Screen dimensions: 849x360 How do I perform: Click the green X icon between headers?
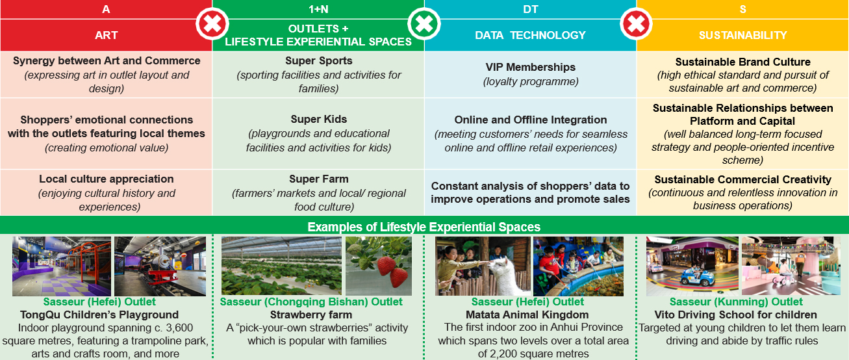pyautogui.click(x=424, y=24)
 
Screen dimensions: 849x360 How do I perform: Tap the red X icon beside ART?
pyautogui.click(x=212, y=24)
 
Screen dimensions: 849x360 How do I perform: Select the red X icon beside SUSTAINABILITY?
pyautogui.click(x=637, y=24)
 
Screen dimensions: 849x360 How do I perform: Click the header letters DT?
pyautogui.click(x=530, y=9)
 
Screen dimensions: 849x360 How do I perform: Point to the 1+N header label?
pyautogui.click(x=318, y=9)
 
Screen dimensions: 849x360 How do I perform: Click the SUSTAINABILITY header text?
pyautogui.click(x=743, y=35)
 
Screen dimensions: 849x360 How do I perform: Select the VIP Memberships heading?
pyautogui.click(x=530, y=67)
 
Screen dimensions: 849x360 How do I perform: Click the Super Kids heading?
pyautogui.click(x=319, y=119)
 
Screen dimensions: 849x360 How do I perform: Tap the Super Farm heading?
pyautogui.click(x=319, y=179)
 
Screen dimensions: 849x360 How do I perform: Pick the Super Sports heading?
pyautogui.click(x=319, y=60)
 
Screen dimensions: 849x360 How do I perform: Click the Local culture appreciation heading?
pyautogui.click(x=106, y=179)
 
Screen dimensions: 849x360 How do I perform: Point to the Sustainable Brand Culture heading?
pyautogui.click(x=743, y=62)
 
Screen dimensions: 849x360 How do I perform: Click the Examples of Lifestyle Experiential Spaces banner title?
pyautogui.click(x=424, y=227)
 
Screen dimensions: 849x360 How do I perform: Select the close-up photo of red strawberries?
pyautogui.click(x=379, y=266)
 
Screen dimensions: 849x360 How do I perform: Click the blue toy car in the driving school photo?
pyautogui.click(x=695, y=277)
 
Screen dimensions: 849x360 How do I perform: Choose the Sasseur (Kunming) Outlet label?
pyautogui.click(x=736, y=302)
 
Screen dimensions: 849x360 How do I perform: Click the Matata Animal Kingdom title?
pyautogui.click(x=527, y=315)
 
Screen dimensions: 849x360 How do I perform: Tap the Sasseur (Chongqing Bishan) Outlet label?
pyautogui.click(x=311, y=302)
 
